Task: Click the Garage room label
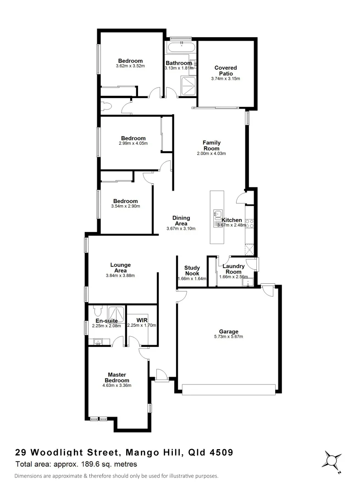coord(228,331)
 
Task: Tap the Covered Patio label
coord(226,71)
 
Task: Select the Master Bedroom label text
coord(117,377)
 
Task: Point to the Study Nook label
coord(192,270)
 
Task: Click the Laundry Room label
coord(234,269)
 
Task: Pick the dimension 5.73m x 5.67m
coord(228,337)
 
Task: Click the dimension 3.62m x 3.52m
coord(130,66)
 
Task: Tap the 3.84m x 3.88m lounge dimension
coord(121,275)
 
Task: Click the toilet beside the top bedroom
coord(105,107)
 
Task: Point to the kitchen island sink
coord(217,214)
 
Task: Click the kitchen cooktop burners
coord(250,224)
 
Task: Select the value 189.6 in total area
coord(86,464)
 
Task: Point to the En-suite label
coord(106,321)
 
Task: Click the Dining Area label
coord(181,221)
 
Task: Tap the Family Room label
coord(211,145)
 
